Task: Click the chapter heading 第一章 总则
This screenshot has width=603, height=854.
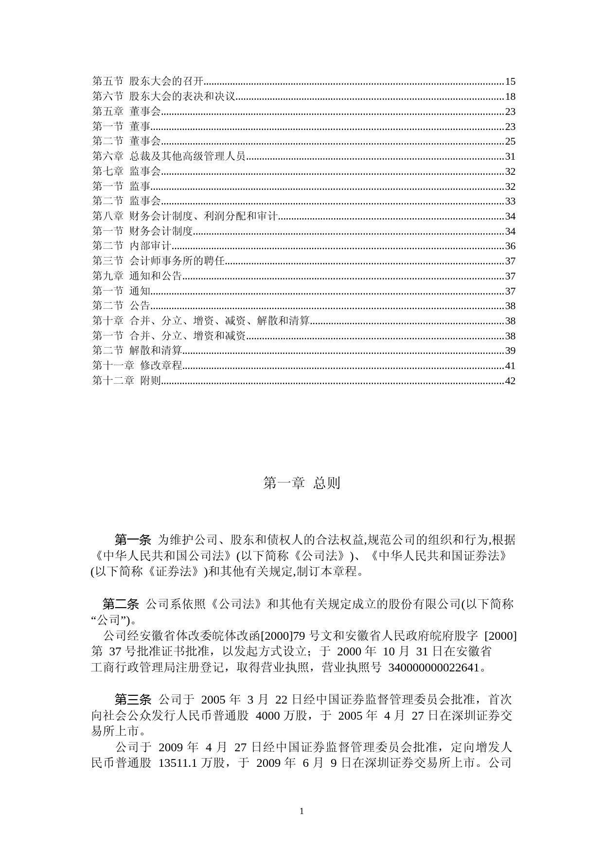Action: [x=301, y=483]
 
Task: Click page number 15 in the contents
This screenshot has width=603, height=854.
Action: [x=510, y=81]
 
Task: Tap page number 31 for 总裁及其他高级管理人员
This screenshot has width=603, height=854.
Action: [x=510, y=156]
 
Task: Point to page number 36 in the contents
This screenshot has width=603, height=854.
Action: [x=510, y=246]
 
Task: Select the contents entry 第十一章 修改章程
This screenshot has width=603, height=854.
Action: [x=137, y=366]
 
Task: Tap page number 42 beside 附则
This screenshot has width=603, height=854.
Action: [x=510, y=381]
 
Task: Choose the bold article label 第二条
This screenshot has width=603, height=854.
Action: [x=121, y=604]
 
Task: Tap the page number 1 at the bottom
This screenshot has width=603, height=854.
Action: [x=301, y=811]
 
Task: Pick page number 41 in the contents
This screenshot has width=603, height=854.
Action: [x=510, y=366]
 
